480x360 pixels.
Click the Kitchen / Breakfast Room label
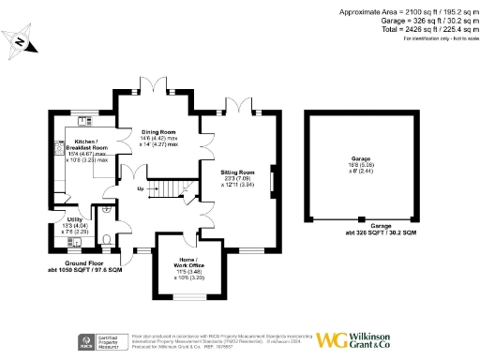pos(85,146)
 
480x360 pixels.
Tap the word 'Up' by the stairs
pos(142,188)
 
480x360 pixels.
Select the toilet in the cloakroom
pos(111,239)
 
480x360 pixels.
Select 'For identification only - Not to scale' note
pos(438,37)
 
